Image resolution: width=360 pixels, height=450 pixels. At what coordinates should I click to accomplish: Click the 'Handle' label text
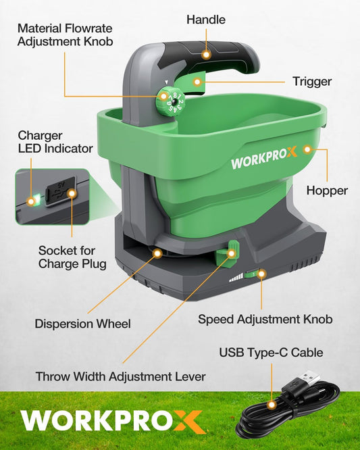[205, 20]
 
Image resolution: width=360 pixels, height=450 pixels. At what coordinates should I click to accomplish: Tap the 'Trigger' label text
[311, 82]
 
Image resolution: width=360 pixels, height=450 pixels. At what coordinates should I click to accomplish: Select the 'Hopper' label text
[327, 191]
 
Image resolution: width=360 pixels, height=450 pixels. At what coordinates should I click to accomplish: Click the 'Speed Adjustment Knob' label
[265, 318]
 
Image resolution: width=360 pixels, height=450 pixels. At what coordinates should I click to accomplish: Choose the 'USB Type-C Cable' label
[271, 353]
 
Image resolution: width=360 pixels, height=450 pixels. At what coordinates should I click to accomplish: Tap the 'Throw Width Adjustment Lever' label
[120, 376]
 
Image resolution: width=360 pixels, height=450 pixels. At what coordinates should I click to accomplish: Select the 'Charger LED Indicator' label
[55, 141]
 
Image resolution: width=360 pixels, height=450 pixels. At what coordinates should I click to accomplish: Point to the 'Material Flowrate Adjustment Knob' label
[65, 35]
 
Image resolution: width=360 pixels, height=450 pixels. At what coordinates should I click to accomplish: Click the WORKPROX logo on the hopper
[263, 162]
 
